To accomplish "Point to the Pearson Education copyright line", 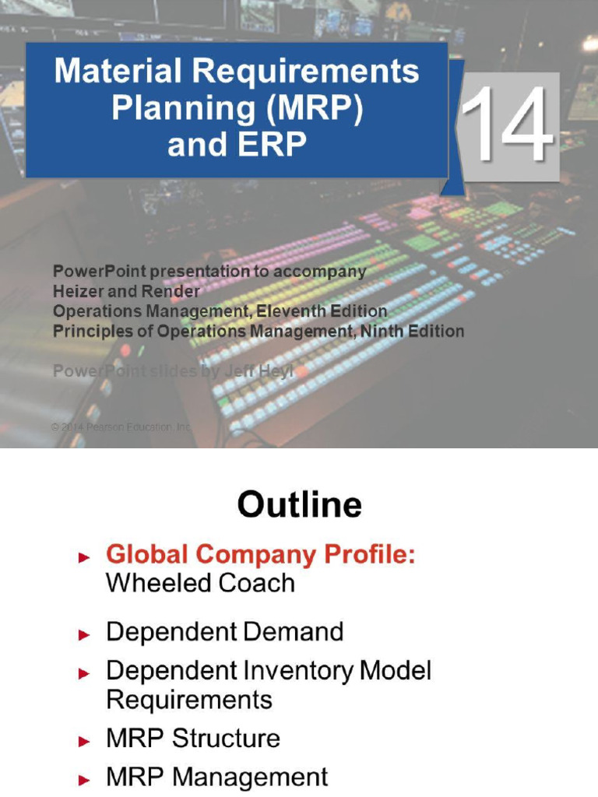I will tap(121, 427).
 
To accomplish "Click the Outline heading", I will tap(299, 505).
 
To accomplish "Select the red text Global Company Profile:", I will tap(261, 556).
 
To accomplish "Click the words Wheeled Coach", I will tap(200, 583).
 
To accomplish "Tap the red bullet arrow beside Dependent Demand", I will tap(85, 634).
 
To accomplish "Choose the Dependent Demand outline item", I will tap(224, 632).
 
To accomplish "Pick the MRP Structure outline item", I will tap(193, 738).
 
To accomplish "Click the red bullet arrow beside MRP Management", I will tap(85, 779).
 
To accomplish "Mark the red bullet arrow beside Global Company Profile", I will tap(85, 557).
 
